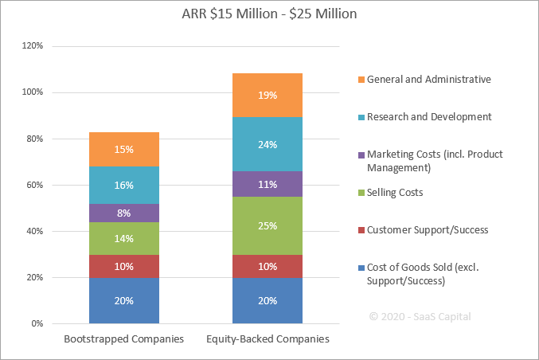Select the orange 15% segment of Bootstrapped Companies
(123, 149)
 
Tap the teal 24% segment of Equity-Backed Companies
(268, 144)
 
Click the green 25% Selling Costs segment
(268, 225)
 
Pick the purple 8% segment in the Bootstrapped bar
(123, 213)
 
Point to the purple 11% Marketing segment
(268, 184)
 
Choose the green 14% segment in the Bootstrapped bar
(123, 238)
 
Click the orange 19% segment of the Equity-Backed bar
(268, 95)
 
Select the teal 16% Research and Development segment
(123, 185)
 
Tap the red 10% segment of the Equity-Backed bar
(268, 266)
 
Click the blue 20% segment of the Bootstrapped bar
(123, 300)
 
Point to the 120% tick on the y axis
(33, 46)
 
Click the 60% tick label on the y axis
(35, 185)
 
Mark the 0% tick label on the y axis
(37, 323)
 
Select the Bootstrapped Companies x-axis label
(123, 339)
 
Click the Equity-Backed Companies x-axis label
(268, 339)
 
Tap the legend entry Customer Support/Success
(427, 230)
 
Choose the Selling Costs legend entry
(395, 193)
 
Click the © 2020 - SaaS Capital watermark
(420, 316)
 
